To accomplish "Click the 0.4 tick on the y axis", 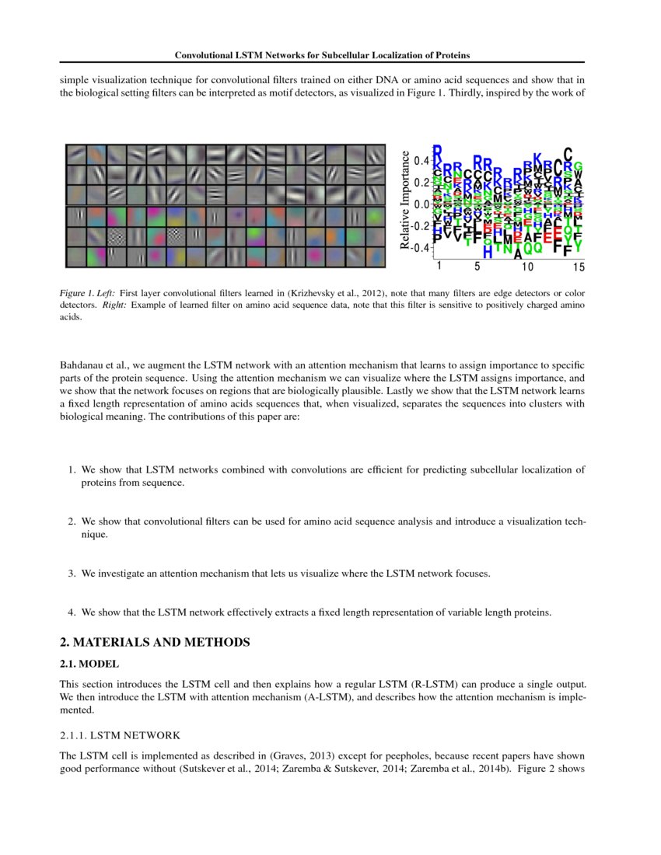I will [x=421, y=161].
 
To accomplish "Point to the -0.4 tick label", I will [x=419, y=248].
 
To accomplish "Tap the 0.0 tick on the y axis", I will [x=421, y=204].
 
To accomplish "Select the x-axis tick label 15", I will [x=578, y=267].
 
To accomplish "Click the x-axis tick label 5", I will [x=477, y=267].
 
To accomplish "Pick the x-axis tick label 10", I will [x=527, y=267].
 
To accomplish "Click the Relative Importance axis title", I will [x=404, y=200].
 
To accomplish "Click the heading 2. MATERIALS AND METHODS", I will [x=155, y=642].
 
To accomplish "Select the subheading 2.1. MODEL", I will [x=89, y=663].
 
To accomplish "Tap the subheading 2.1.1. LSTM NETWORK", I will [x=120, y=735].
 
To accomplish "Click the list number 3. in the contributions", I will [x=71, y=574].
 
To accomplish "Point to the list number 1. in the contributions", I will [x=71, y=469].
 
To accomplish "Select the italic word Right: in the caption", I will [x=114, y=305].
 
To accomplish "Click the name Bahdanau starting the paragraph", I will [x=81, y=365].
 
